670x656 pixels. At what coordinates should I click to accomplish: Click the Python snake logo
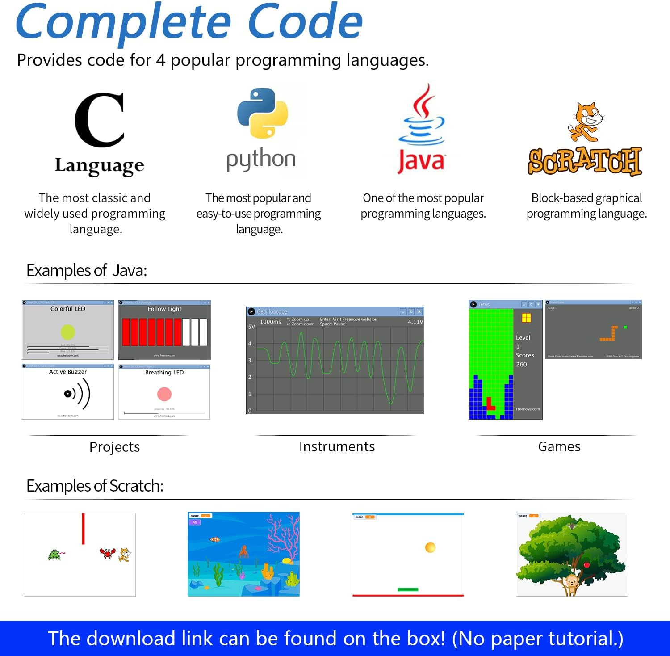click(x=263, y=113)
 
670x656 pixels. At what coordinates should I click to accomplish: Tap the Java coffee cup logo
click(x=423, y=116)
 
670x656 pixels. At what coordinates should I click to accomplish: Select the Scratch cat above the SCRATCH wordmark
click(x=586, y=122)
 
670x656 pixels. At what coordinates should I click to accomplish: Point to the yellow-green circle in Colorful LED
click(x=68, y=332)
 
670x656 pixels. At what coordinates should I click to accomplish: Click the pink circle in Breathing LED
click(x=164, y=394)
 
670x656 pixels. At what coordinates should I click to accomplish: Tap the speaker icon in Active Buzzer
click(x=77, y=394)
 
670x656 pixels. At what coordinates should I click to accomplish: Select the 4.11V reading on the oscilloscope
click(x=415, y=322)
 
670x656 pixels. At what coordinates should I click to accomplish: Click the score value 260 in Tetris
click(x=521, y=364)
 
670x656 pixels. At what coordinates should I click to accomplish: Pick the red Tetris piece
click(x=490, y=404)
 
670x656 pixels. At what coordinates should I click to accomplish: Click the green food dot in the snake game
click(x=625, y=328)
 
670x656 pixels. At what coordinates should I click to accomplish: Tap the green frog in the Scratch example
click(x=54, y=555)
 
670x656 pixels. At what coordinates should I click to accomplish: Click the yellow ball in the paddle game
click(x=430, y=547)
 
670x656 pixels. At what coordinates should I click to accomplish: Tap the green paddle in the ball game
click(x=408, y=589)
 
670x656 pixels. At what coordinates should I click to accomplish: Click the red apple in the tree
click(x=587, y=565)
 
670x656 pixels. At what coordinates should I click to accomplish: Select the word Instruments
click(x=337, y=446)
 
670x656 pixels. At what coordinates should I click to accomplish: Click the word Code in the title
click(x=305, y=21)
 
